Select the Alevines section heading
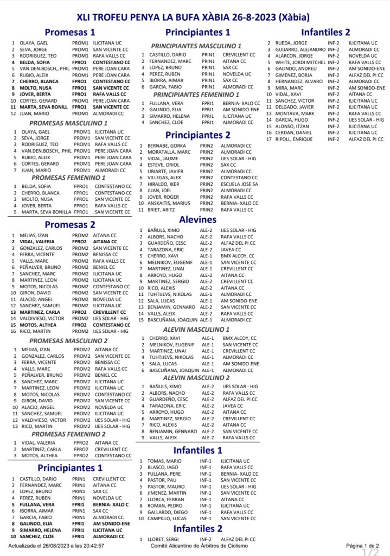pyautogui.click(x=197, y=219)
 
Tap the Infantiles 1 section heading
pyautogui.click(x=197, y=450)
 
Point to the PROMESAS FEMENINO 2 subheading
pyautogui.click(x=68, y=434)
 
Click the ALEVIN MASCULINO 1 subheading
pyautogui.click(x=196, y=329)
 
